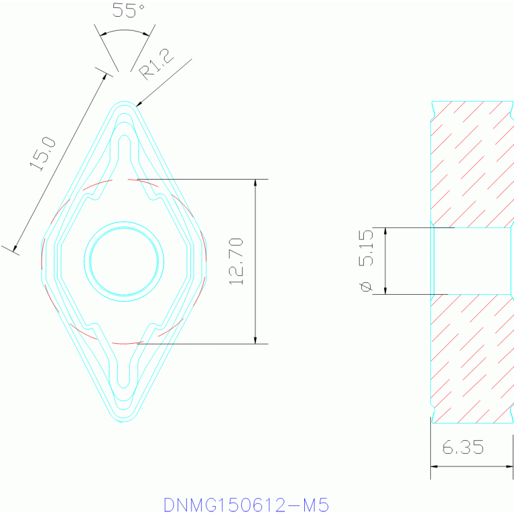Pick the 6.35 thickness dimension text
pyautogui.click(x=463, y=447)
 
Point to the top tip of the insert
pyautogui.click(x=124, y=103)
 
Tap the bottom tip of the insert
pyautogui.click(x=124, y=420)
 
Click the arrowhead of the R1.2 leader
pyautogui.click(x=139, y=103)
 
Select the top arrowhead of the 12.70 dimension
pyautogui.click(x=255, y=184)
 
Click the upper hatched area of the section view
pyautogui.click(x=471, y=164)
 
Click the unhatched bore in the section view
pyautogui.click(x=471, y=261)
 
